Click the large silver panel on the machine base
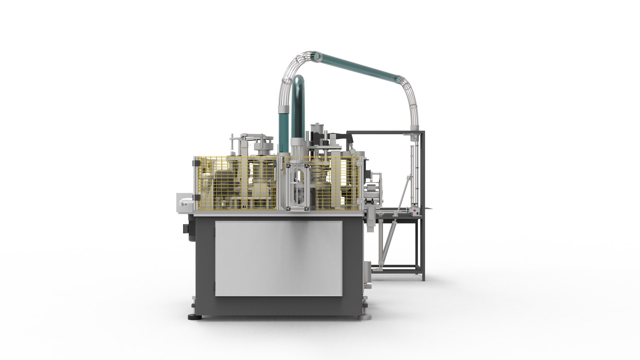tap(279, 258)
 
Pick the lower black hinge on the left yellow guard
tap(196, 200)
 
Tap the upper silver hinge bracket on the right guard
tap(359, 163)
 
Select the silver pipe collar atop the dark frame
tap(415, 127)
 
